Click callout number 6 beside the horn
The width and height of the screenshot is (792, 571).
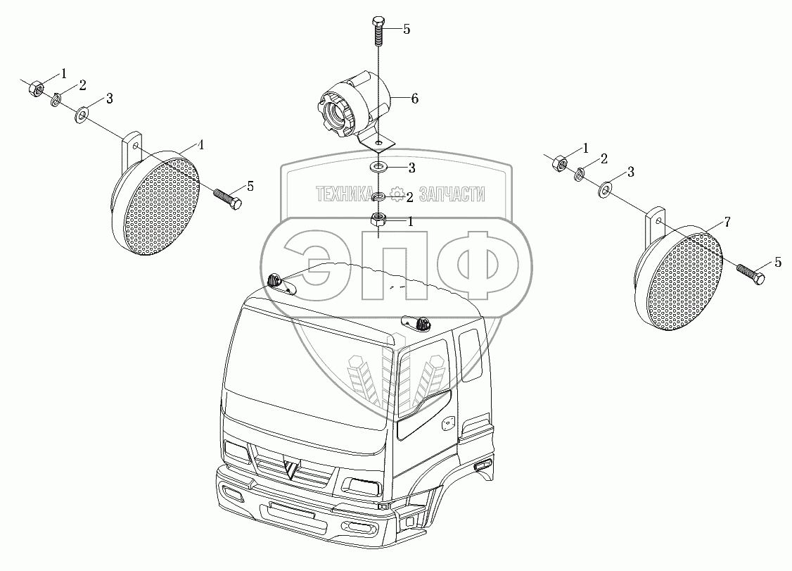click(414, 99)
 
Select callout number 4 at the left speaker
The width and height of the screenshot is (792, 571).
click(200, 146)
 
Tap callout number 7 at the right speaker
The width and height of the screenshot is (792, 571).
click(727, 222)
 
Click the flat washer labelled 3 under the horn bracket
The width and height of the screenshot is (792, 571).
click(378, 168)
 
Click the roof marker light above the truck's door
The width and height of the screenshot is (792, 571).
click(418, 322)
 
